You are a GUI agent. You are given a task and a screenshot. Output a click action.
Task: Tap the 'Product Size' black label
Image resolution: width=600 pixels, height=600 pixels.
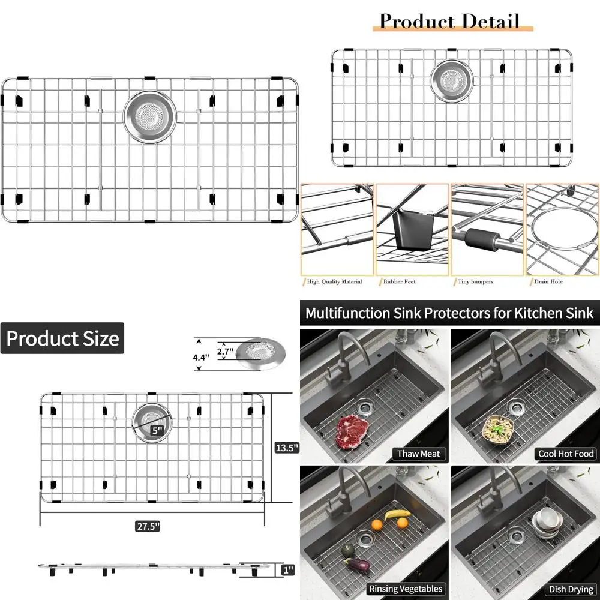pyautogui.click(x=62, y=338)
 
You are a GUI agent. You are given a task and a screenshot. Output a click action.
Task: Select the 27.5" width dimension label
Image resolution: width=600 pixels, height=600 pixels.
pyautogui.click(x=147, y=526)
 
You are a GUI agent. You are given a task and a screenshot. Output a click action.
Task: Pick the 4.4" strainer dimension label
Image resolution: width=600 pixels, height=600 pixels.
pyautogui.click(x=202, y=356)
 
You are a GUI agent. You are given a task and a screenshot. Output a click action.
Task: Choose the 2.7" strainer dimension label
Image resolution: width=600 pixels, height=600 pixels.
pyautogui.click(x=225, y=352)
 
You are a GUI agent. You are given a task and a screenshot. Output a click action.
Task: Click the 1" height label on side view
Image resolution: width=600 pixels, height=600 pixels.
pyautogui.click(x=290, y=569)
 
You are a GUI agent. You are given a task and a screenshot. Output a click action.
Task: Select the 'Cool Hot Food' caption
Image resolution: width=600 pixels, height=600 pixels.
pyautogui.click(x=566, y=454)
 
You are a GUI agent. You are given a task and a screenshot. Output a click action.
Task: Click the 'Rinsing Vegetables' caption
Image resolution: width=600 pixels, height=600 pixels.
pyautogui.click(x=406, y=589)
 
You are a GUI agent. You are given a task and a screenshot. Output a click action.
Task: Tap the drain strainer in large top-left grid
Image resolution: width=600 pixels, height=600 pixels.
pyautogui.click(x=150, y=116)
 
